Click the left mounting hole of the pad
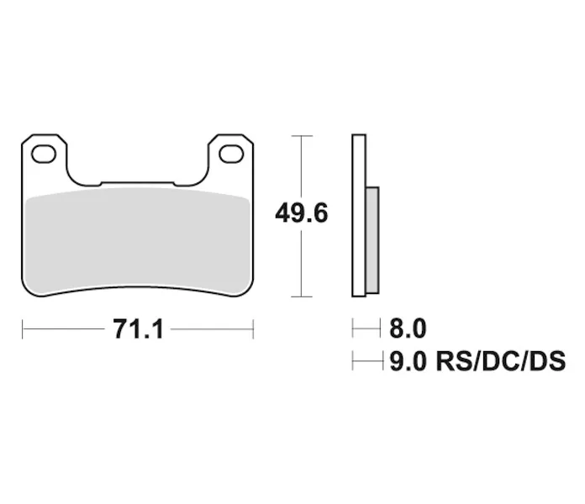(44, 154)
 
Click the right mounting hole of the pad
(231, 154)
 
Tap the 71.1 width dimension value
(138, 329)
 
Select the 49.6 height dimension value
(302, 213)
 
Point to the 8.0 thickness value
(408, 328)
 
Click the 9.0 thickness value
(408, 361)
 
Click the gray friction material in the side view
(372, 240)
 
